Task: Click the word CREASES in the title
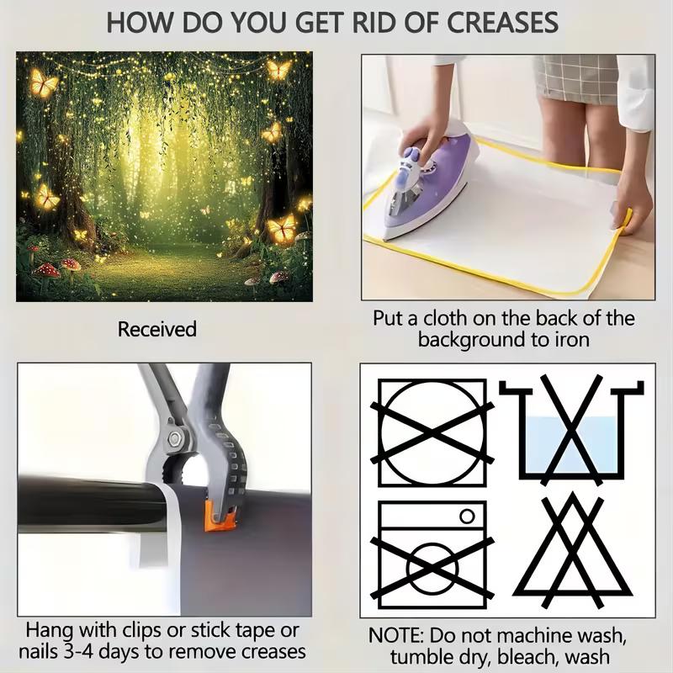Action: (502, 23)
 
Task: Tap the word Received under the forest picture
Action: (157, 329)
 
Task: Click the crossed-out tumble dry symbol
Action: (432, 432)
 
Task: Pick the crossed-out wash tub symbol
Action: (571, 429)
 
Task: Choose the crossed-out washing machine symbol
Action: (432, 554)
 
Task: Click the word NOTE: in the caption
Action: (395, 636)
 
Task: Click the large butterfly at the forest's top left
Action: (44, 82)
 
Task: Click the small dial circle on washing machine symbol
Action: (468, 516)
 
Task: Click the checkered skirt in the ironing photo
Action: (575, 79)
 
